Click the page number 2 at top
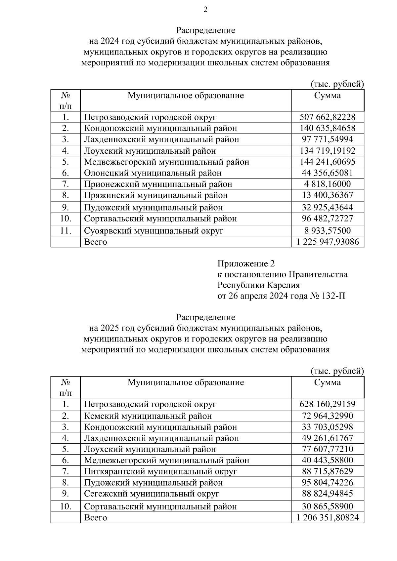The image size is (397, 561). point(205,10)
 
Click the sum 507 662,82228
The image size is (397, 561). point(327,117)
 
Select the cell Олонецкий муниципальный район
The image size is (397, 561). point(153,173)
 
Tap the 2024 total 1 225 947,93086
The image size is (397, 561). point(327,242)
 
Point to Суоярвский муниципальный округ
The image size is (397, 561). point(154,231)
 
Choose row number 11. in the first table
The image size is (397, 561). point(66,231)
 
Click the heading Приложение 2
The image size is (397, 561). point(246,264)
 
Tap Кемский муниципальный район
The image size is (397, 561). point(148,416)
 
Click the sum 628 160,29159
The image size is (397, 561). point(327,404)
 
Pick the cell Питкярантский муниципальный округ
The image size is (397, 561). point(160,471)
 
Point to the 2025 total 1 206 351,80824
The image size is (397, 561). point(327,517)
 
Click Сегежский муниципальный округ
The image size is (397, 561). point(152,494)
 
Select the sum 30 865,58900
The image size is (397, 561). point(327,506)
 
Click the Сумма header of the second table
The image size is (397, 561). point(327,383)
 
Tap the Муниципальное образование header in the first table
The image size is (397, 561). point(186,96)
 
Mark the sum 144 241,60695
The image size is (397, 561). point(327,162)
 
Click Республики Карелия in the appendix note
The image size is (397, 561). point(258,285)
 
